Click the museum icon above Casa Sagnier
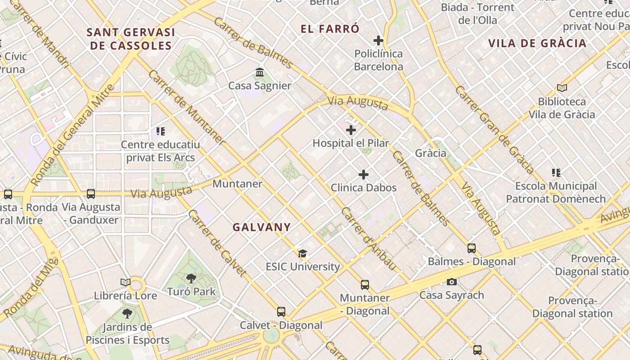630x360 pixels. [260, 72]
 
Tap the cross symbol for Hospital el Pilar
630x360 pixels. [351, 130]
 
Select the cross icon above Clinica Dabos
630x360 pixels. [364, 175]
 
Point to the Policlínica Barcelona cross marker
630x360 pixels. [378, 40]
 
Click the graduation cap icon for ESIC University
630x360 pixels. [302, 253]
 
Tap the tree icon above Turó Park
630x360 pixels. [191, 279]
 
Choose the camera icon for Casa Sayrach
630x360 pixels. [452, 282]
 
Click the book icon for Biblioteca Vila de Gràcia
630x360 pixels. [562, 88]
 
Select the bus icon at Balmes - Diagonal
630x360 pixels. [472, 248]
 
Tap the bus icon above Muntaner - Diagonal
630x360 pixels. [365, 285]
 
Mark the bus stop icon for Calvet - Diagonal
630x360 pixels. [281, 312]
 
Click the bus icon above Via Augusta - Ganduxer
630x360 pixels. [91, 194]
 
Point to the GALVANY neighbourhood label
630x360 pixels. [261, 227]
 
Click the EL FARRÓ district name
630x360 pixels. [330, 29]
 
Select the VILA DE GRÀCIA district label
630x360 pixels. [537, 43]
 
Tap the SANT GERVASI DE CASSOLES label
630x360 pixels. [130, 39]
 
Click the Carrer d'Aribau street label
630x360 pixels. [369, 239]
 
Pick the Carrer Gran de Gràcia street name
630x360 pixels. [494, 130]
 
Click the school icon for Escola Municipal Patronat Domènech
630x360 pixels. [556, 173]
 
